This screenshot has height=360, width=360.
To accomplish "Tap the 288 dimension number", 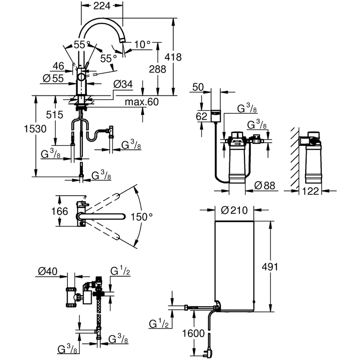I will click(157, 69).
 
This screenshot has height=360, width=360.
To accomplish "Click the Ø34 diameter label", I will click(123, 84).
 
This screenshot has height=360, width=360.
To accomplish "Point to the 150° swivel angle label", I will click(143, 217).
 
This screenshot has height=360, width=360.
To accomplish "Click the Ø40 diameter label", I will click(47, 271).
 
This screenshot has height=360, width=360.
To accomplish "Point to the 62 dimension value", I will click(201, 117).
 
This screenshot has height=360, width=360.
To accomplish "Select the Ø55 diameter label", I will click(52, 77).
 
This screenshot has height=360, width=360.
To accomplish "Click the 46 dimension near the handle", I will click(58, 67).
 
